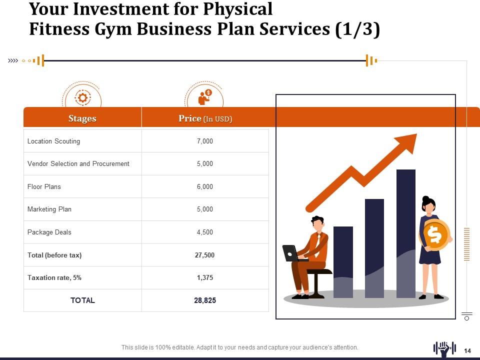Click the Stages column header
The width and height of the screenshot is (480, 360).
pyautogui.click(x=82, y=118)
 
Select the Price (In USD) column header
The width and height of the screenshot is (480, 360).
pyautogui.click(x=205, y=118)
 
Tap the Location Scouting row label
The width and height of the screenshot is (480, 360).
pyautogui.click(x=53, y=141)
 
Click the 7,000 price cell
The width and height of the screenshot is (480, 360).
pyautogui.click(x=204, y=141)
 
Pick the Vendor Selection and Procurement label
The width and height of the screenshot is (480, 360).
pyautogui.click(x=78, y=163)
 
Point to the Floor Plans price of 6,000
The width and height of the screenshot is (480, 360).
pyautogui.click(x=204, y=186)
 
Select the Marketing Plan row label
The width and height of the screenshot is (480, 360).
pyautogui.click(x=49, y=209)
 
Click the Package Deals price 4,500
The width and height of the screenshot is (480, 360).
pyautogui.click(x=204, y=232)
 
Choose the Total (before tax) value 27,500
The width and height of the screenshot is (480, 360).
pyautogui.click(x=204, y=255)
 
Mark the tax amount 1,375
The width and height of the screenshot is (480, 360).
pyautogui.click(x=204, y=277)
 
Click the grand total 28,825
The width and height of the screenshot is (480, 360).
pyautogui.click(x=204, y=300)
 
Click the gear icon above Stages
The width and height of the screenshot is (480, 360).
pyautogui.click(x=82, y=97)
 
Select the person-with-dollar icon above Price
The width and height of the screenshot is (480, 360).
pyautogui.click(x=204, y=97)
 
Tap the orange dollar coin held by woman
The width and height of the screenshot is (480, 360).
pyautogui.click(x=434, y=234)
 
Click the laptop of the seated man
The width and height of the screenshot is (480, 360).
pyautogui.click(x=290, y=253)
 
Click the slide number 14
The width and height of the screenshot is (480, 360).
pyautogui.click(x=468, y=350)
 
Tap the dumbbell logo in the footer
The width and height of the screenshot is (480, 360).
pyautogui.click(x=444, y=348)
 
